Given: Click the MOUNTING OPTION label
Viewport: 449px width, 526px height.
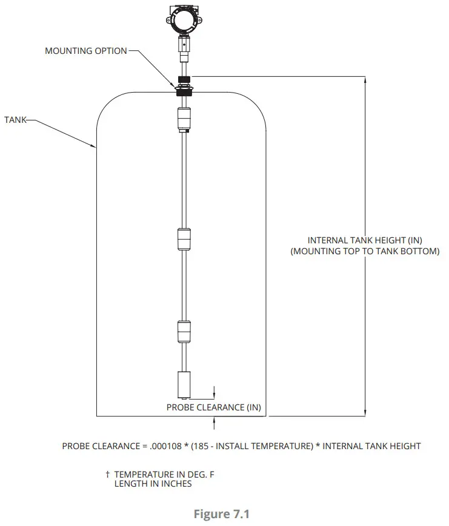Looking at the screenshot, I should pos(86,51).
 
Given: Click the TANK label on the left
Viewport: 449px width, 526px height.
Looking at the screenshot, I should pos(16,120).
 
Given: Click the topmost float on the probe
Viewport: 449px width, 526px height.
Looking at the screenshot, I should pos(184,119).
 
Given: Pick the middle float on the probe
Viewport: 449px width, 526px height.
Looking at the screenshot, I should pos(184,239).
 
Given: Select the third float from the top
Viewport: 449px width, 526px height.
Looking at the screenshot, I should pos(184,331).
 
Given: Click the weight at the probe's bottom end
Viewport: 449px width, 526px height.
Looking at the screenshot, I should pos(184,384).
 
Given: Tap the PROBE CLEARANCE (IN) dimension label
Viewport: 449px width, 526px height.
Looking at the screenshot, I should pos(214,407).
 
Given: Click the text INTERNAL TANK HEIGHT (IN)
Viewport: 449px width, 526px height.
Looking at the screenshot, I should pos(365,240).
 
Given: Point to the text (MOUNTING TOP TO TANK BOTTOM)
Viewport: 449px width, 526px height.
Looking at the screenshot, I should pos(365,251).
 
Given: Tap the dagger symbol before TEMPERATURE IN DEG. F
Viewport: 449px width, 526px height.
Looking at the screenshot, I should pos(107,475).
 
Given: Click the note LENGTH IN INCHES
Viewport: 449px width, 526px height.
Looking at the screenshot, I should pos(153,484).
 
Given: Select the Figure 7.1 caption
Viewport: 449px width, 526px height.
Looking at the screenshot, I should pos(221,514).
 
